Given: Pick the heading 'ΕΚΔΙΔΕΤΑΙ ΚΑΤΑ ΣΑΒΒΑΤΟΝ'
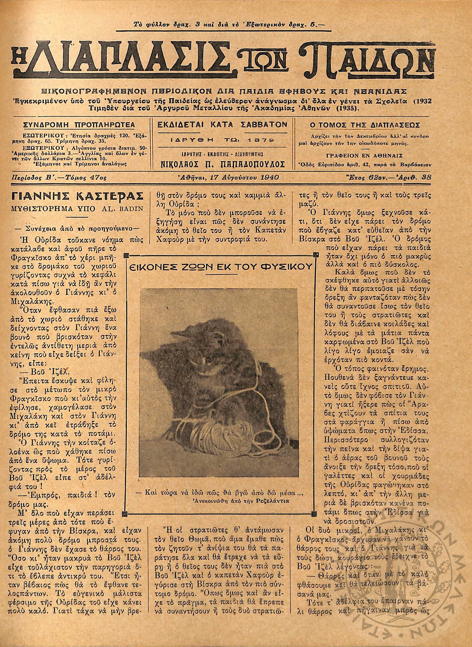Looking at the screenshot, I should [x=222, y=124].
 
